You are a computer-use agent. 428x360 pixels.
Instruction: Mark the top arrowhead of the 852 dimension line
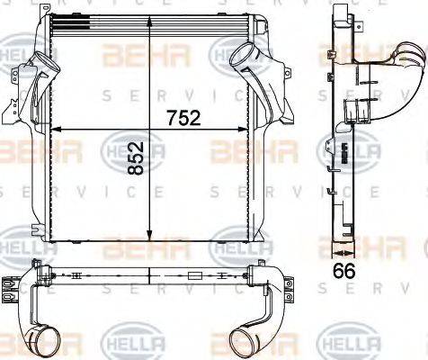(149, 40)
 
